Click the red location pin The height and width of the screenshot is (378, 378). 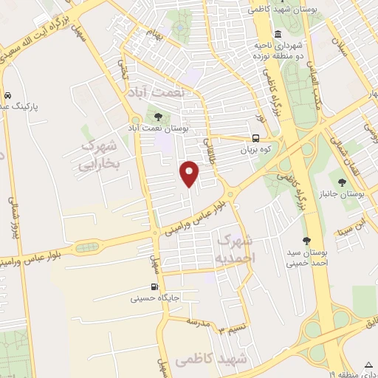pyautogui.click(x=190, y=173)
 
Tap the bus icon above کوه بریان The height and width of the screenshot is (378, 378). pyautogui.click(x=255, y=138)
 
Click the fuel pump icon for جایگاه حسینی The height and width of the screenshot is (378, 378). pyautogui.click(x=154, y=287)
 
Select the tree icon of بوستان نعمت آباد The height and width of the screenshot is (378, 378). pyautogui.click(x=157, y=115)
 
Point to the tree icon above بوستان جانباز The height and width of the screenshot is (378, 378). pyautogui.click(x=341, y=181)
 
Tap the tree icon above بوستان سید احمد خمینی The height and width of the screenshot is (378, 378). pyautogui.click(x=306, y=240)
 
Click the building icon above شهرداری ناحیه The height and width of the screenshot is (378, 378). pyautogui.click(x=277, y=34)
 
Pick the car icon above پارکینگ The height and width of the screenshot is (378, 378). pyautogui.click(x=7, y=96)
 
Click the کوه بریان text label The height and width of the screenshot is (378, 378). pyautogui.click(x=256, y=149)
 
